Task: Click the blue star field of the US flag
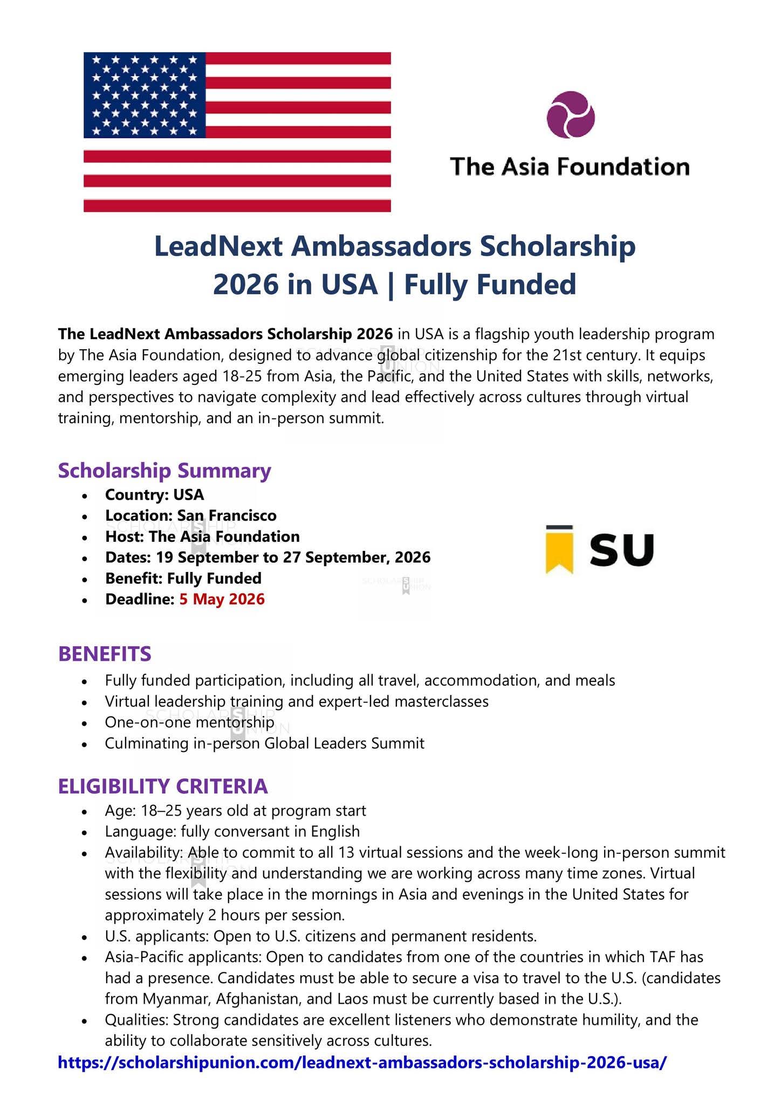145,95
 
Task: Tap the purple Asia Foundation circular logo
570,115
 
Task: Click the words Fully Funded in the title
490,285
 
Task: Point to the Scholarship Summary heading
165,470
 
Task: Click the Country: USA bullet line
154,494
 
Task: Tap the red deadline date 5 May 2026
222,599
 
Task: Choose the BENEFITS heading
105,653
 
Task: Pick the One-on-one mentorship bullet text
189,722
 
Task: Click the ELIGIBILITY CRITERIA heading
163,786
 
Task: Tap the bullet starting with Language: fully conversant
232,831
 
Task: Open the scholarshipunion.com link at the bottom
362,1062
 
